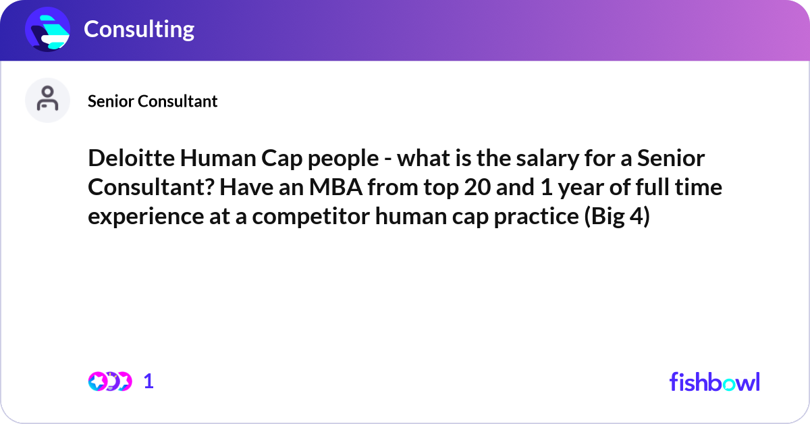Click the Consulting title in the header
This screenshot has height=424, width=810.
(139, 29)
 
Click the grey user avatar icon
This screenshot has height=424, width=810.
(47, 100)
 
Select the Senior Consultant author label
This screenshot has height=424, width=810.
(153, 101)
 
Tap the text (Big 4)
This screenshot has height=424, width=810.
(616, 217)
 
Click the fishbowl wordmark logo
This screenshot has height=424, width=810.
(714, 381)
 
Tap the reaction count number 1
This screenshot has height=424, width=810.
(148, 381)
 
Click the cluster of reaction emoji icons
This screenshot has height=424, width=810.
(109, 381)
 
